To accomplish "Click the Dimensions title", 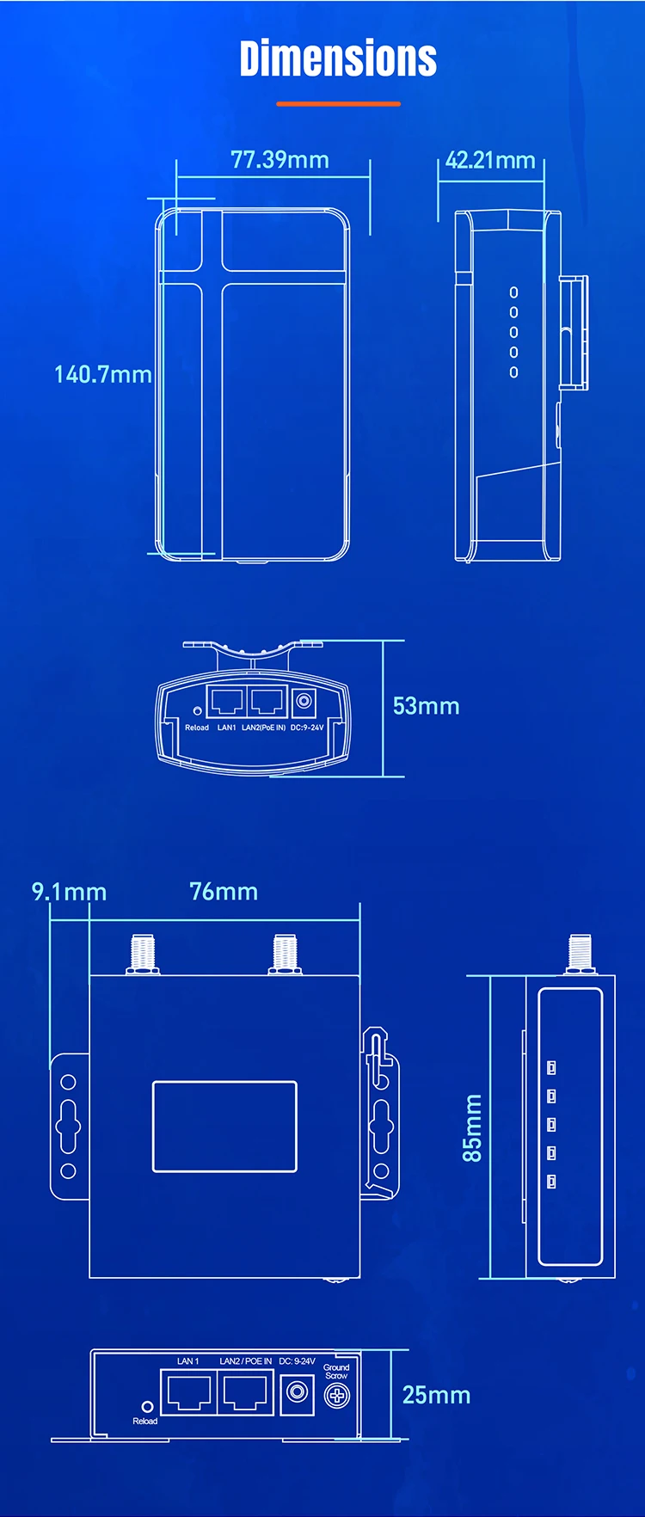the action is point(338,58).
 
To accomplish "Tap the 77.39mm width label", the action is point(279,160).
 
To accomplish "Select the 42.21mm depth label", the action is point(490,160).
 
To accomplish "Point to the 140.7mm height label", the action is point(103,374).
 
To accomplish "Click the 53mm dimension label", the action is point(426,706).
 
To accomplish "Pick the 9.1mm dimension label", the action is point(69,891).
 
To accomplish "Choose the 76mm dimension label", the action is point(224,891).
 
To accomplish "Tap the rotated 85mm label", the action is point(472,1127).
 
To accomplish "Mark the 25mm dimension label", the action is point(436,1394).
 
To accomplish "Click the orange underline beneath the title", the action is point(338,103).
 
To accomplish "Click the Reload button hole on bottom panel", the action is point(147,1406).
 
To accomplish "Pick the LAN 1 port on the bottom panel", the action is point(187,1392).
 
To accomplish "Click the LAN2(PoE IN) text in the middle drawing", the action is point(263,728).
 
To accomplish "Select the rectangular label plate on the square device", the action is point(224,1126).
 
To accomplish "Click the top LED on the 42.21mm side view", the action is point(513,292).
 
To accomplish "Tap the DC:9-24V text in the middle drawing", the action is point(307,728).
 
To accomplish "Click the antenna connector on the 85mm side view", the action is point(580,955).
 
